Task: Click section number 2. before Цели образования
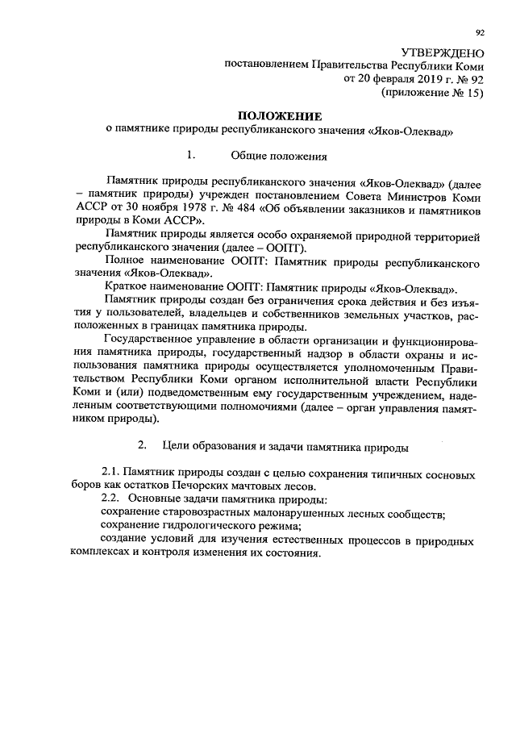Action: pos(143,444)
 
